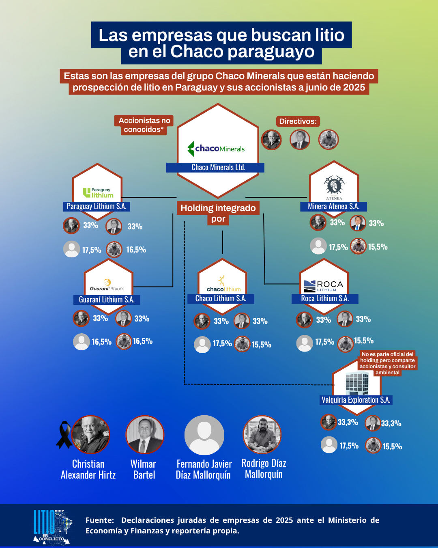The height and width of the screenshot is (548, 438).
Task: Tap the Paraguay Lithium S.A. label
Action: point(97,206)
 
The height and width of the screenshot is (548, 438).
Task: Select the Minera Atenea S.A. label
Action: point(333,206)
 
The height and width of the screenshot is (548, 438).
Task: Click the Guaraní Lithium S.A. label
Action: point(107,300)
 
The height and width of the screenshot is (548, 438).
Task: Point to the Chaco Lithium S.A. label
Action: point(221,298)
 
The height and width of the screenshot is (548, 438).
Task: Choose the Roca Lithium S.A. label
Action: point(325,298)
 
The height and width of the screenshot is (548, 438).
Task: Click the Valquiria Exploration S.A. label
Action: point(356,400)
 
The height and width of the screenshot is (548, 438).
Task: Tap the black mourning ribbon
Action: point(64,434)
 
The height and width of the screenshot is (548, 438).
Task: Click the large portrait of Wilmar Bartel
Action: point(145,435)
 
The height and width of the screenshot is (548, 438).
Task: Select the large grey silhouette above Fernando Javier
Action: point(204,435)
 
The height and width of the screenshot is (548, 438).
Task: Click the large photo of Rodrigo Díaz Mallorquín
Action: point(262,435)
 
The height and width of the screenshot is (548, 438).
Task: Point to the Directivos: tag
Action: point(298,121)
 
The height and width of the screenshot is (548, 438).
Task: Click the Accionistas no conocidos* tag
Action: point(144,125)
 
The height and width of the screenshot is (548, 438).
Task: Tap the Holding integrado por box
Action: point(218,213)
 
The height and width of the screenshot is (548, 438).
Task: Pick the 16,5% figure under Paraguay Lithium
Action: point(136,250)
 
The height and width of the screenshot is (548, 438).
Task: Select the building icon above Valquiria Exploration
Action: point(357,383)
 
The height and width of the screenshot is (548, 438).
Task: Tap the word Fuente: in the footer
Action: point(100,520)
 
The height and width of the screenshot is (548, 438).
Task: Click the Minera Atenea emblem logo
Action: point(334,186)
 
